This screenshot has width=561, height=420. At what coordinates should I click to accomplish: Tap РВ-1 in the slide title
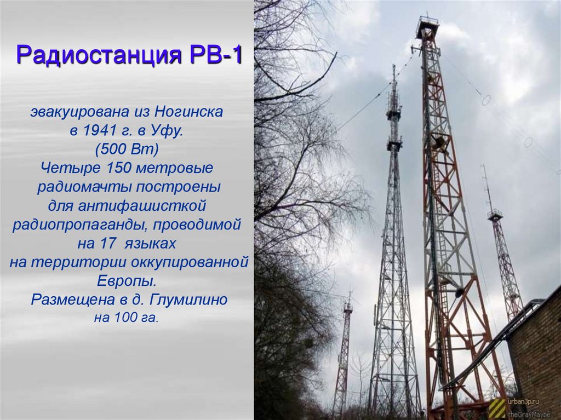tap(217, 56)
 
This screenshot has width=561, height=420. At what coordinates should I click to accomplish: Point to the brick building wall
tap(537, 350)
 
